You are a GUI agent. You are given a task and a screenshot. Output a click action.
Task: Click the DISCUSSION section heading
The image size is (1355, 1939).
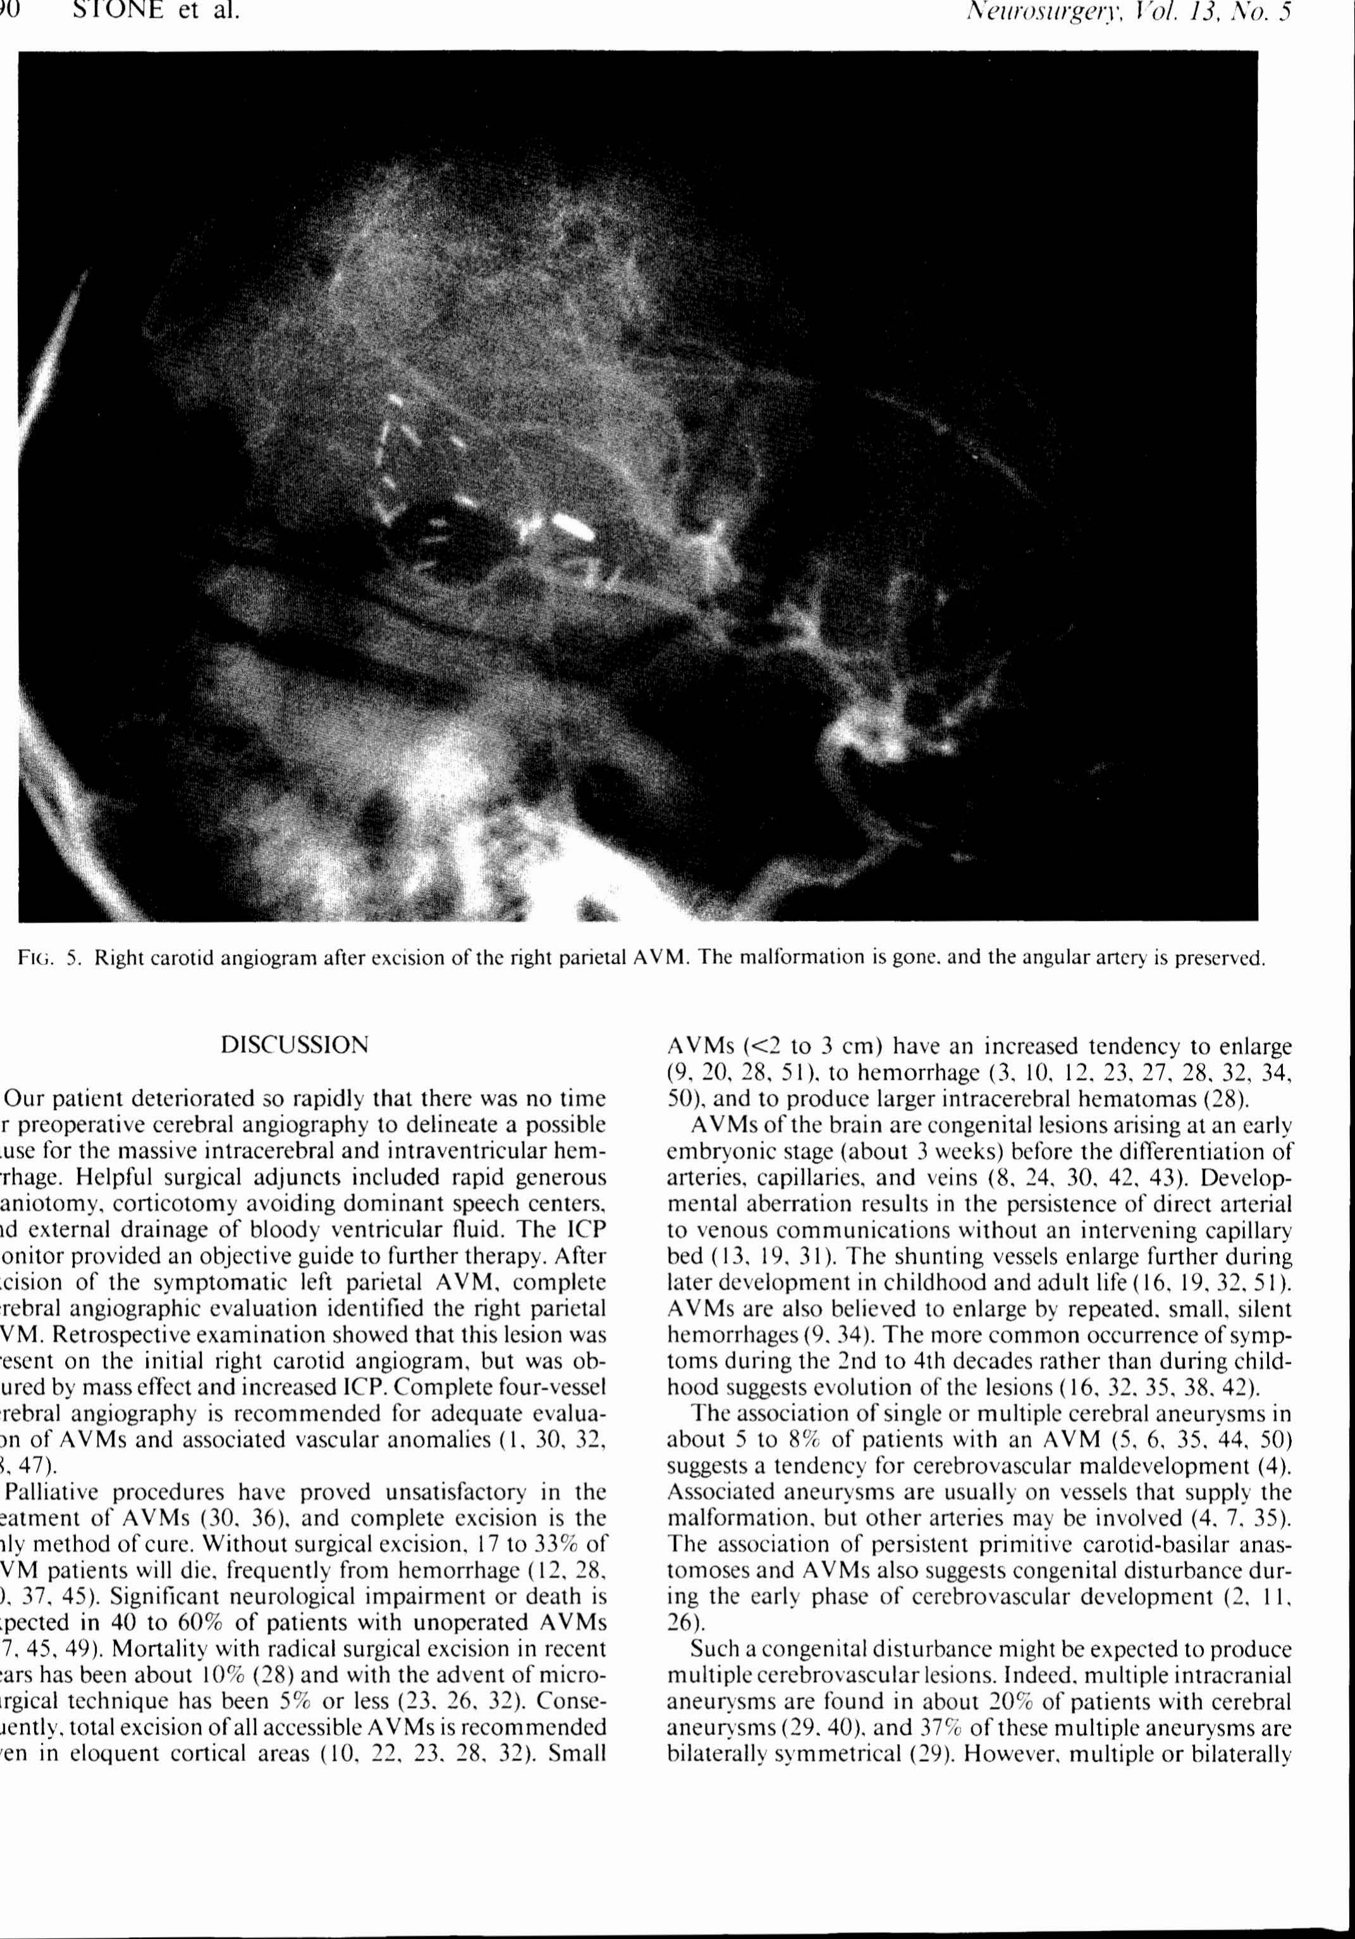[x=294, y=1045]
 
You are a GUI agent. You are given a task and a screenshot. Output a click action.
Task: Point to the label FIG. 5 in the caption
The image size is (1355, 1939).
[x=49, y=959]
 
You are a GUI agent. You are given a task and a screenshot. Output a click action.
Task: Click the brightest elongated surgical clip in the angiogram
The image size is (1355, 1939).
[x=576, y=528]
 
